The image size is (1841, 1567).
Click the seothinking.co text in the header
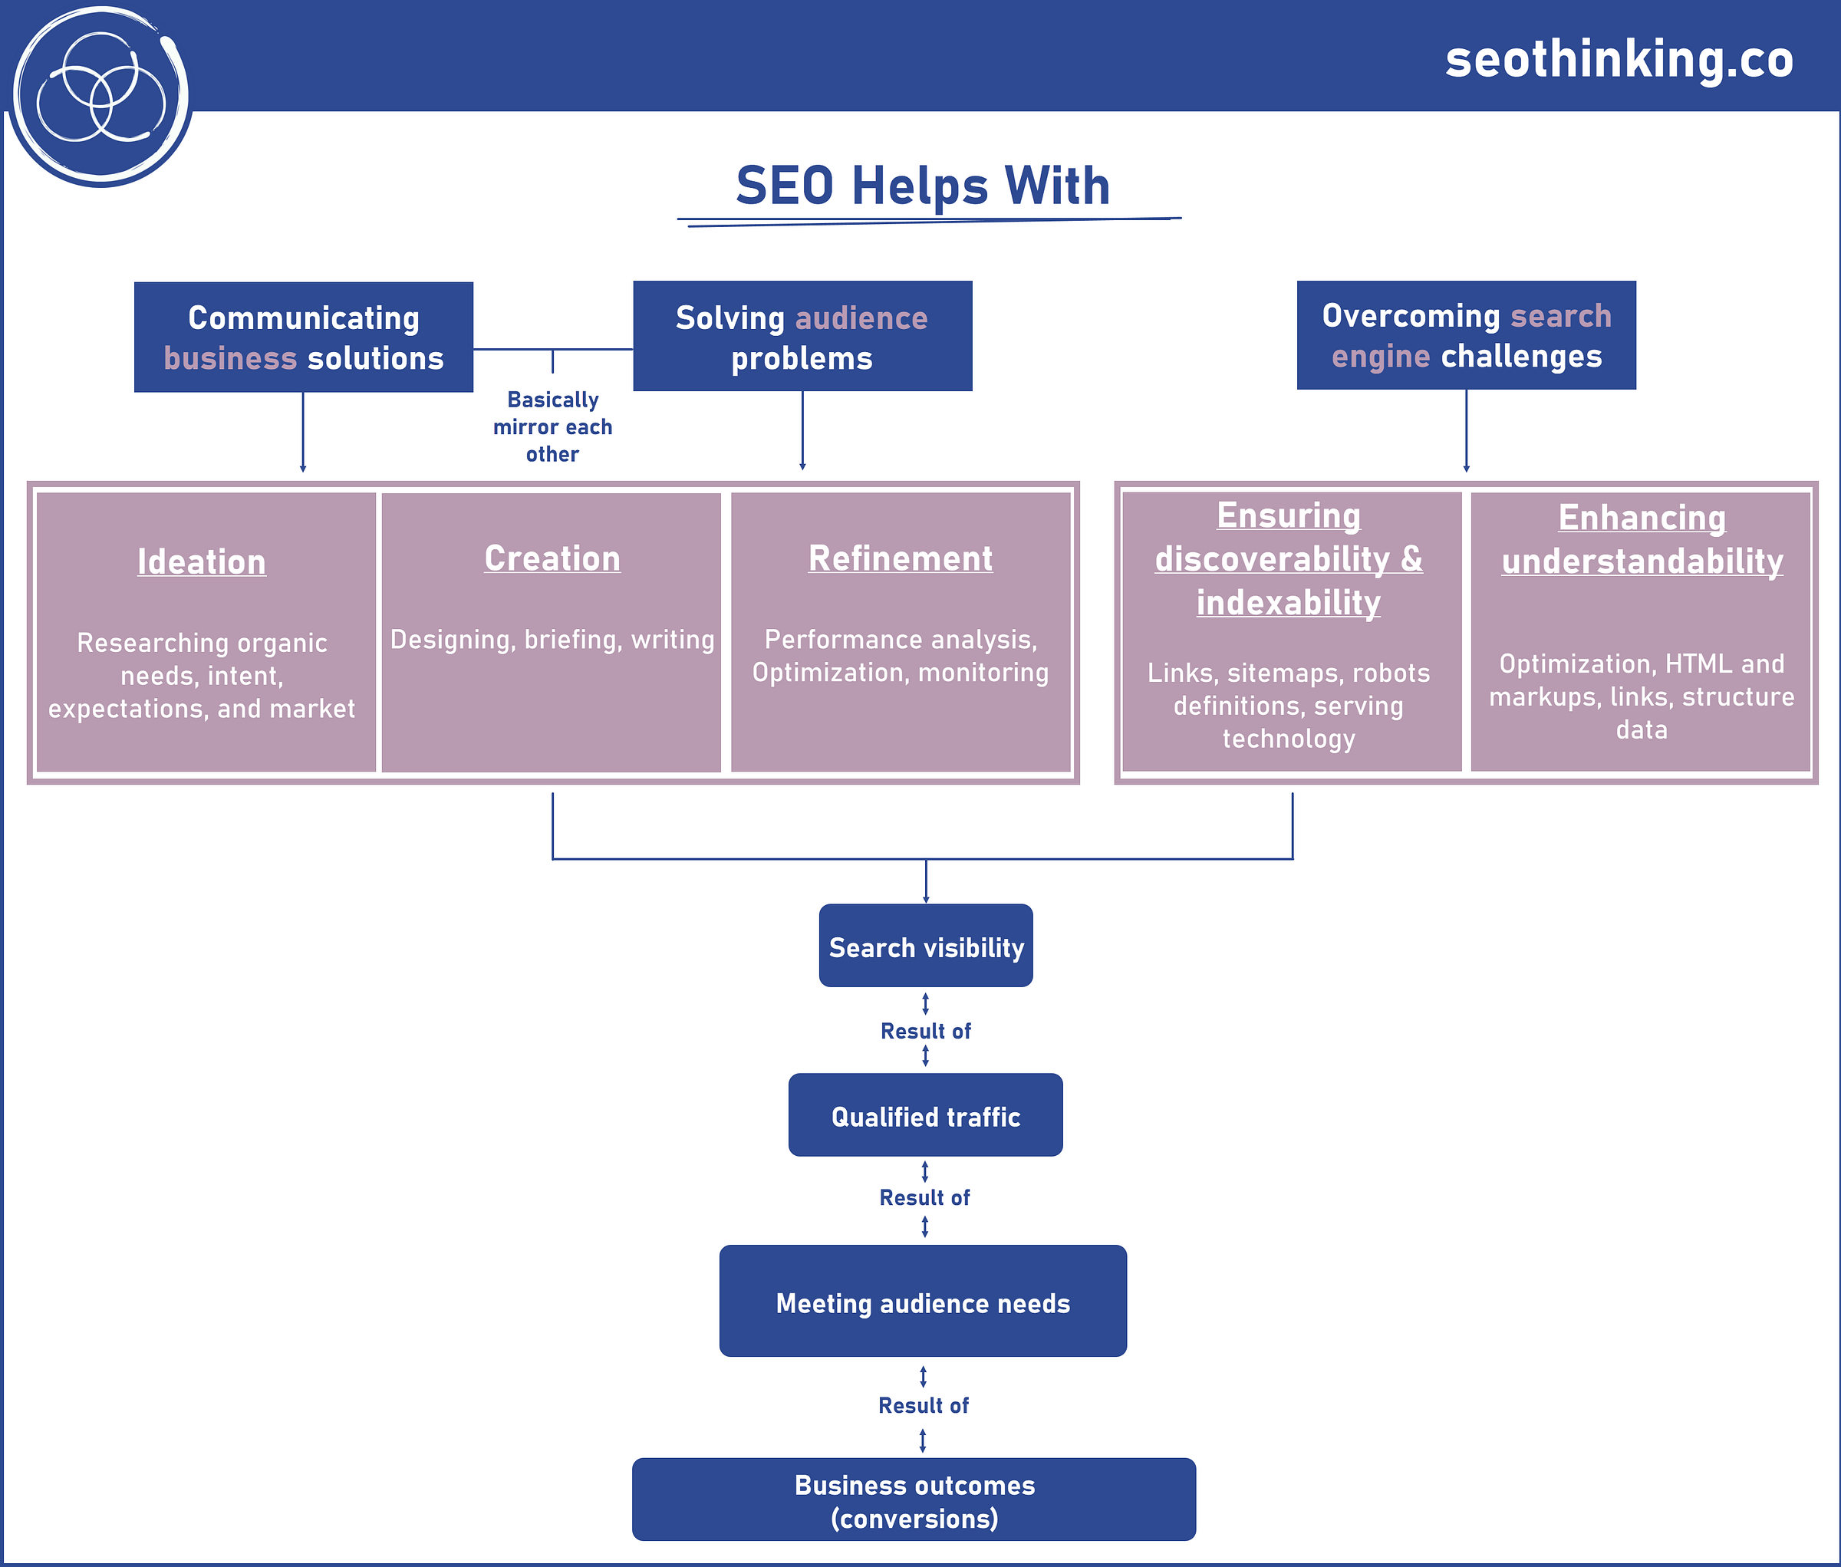point(1618,60)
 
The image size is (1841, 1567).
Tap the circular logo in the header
point(100,96)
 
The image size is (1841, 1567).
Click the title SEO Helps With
point(922,186)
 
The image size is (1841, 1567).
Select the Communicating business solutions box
point(303,337)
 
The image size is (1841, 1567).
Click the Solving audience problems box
point(802,337)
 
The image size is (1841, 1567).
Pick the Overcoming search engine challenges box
point(1465,336)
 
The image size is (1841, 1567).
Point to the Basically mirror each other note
point(552,427)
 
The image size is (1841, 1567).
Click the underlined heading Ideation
point(202,562)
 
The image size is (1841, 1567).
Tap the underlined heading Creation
point(552,558)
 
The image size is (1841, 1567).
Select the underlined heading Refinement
point(900,558)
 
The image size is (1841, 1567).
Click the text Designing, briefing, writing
point(552,640)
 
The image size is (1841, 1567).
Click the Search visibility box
point(925,947)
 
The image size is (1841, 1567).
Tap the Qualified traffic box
point(925,1116)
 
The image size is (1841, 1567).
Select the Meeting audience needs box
point(922,1302)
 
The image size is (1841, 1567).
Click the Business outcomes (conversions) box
point(914,1500)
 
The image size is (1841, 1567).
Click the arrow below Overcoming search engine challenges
point(1465,431)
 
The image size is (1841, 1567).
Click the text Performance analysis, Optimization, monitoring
point(900,656)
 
